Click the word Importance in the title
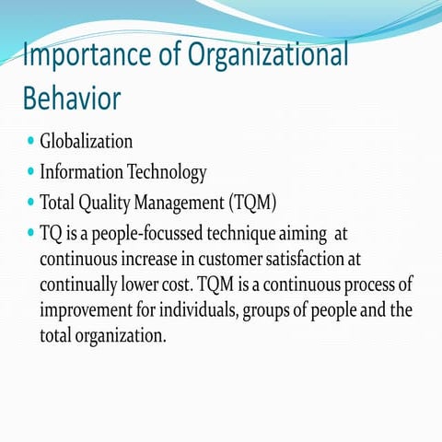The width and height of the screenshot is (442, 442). [75, 58]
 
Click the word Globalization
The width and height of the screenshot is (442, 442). [87, 142]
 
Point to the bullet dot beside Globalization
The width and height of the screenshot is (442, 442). [31, 142]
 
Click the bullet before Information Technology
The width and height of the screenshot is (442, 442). [31, 171]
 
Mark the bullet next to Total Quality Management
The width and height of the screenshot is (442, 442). [31, 201]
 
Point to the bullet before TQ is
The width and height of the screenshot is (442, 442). [31, 230]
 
